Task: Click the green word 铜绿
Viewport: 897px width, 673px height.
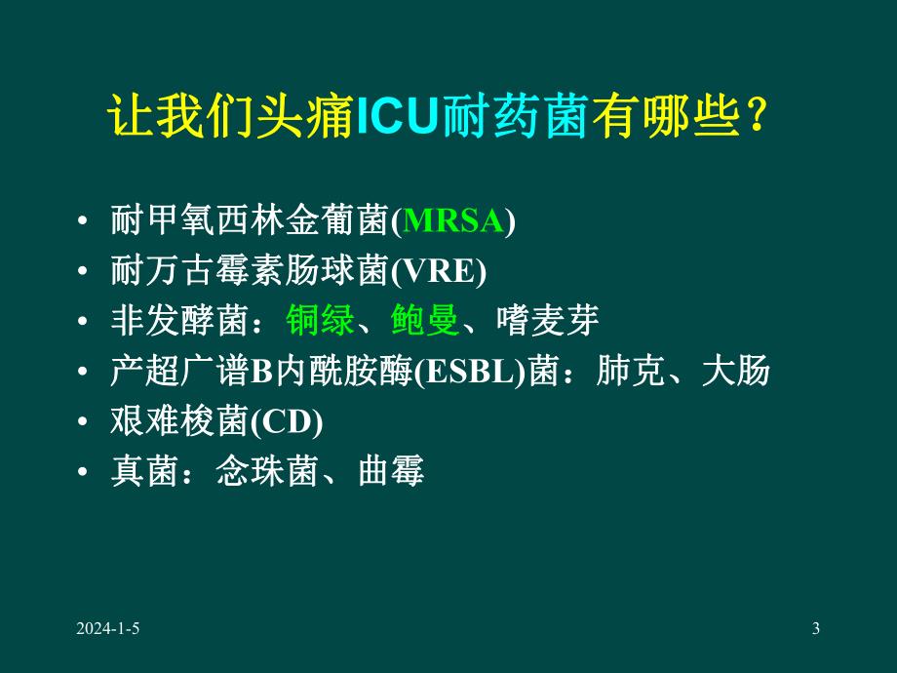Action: pos(321,321)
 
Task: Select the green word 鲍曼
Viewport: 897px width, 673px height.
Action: pos(425,321)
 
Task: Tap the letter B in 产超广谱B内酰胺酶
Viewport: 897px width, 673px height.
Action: pos(260,372)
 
